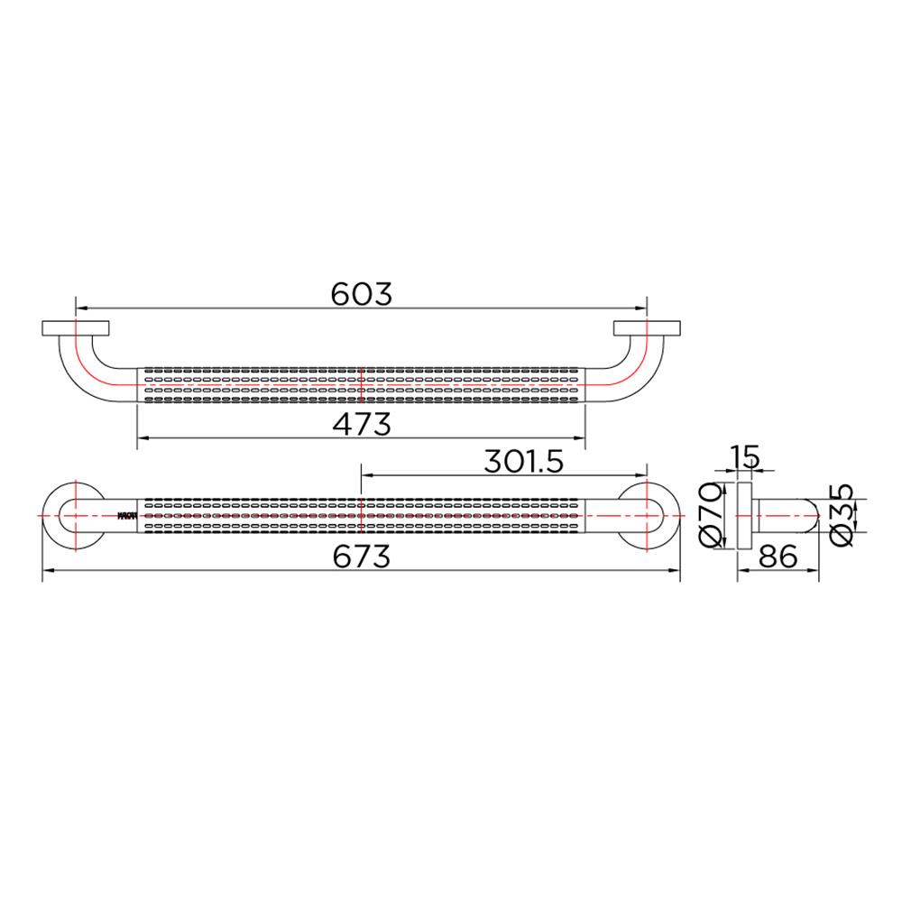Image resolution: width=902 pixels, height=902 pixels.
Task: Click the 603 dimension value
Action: (x=361, y=294)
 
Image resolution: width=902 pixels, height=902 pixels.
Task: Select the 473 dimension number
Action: (x=361, y=423)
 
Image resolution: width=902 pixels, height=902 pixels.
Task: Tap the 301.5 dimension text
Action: (x=523, y=462)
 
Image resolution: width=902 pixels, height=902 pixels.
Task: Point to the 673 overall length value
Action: (x=361, y=557)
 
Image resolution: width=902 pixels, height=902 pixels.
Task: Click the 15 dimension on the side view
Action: (x=745, y=456)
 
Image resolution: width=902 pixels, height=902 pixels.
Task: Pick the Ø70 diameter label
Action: (x=712, y=514)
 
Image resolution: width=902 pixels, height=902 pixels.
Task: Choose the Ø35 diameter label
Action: (x=839, y=514)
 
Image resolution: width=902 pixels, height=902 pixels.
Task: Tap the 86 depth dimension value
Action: (x=777, y=557)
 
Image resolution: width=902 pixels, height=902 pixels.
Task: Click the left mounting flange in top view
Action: (x=75, y=328)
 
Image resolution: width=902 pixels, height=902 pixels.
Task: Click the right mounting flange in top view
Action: (x=647, y=328)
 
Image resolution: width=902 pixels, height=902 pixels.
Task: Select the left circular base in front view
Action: (x=75, y=515)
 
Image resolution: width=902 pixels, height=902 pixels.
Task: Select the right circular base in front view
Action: (x=647, y=515)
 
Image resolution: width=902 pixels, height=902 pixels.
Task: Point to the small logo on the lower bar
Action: (x=126, y=516)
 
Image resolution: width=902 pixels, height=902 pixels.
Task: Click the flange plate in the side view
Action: (x=744, y=515)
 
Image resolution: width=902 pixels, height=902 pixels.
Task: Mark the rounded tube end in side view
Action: (x=807, y=515)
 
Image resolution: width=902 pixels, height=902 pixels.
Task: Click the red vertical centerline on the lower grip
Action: (x=361, y=515)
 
